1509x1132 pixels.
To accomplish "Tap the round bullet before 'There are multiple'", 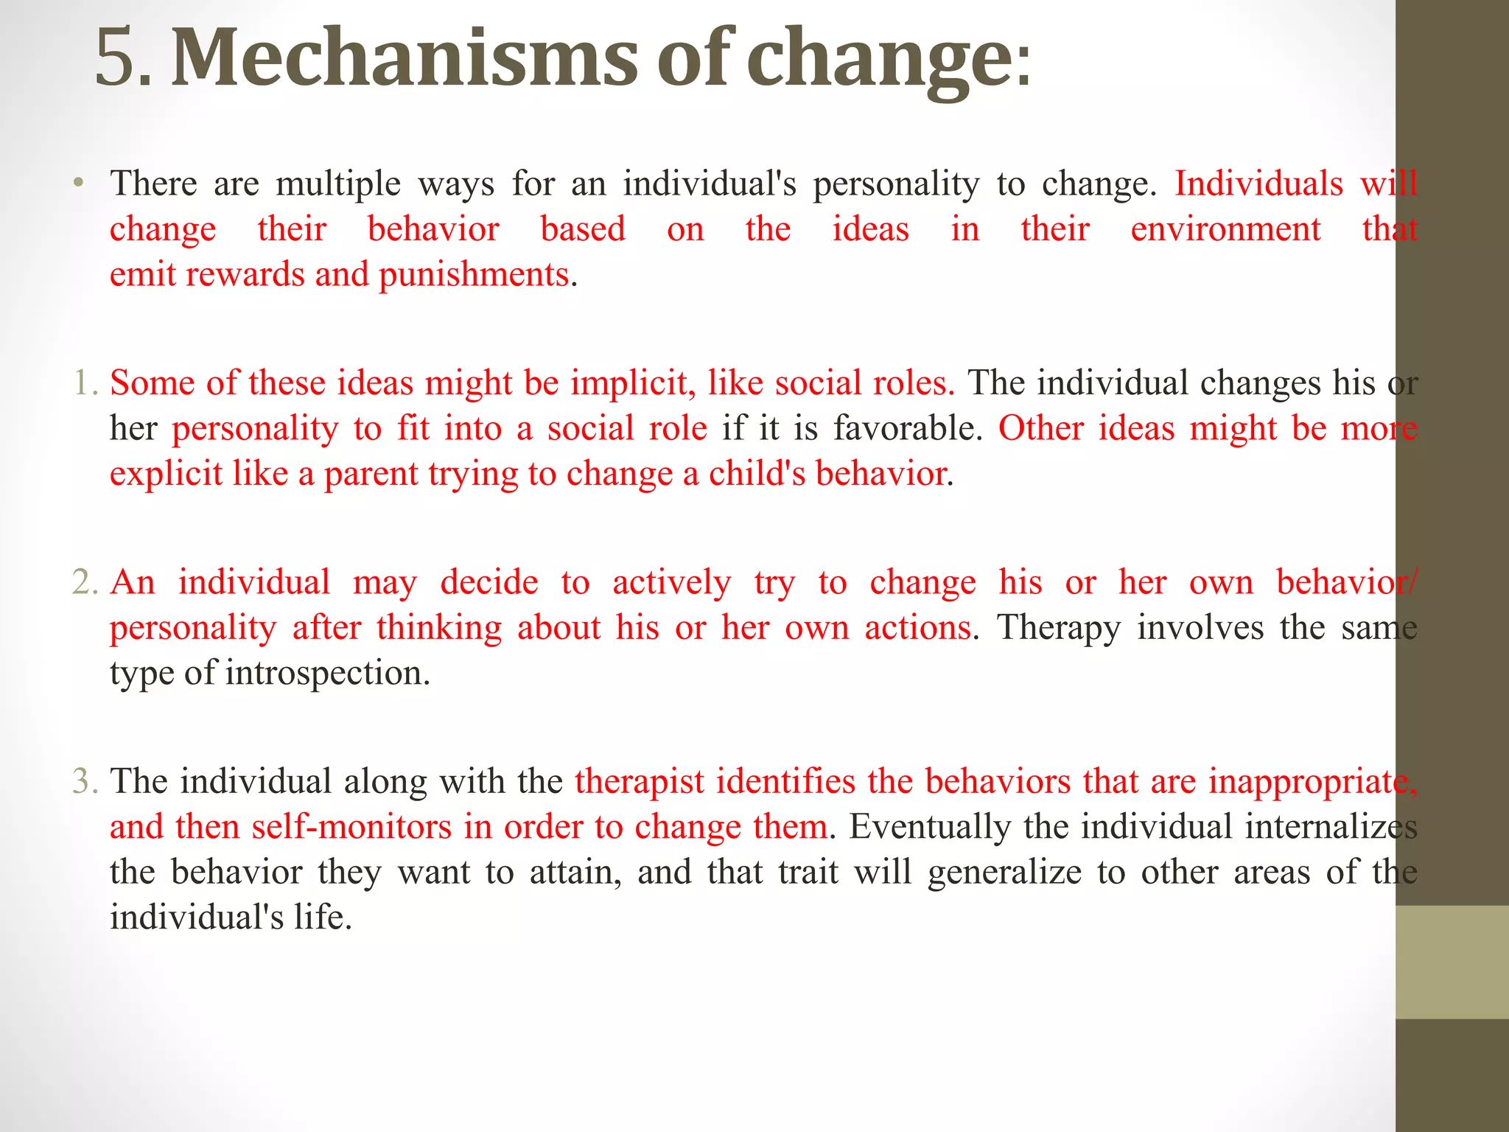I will (x=78, y=182).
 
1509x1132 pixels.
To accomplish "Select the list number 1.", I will (x=84, y=383).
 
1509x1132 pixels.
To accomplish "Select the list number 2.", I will (x=84, y=582).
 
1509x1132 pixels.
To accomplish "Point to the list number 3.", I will (x=84, y=781).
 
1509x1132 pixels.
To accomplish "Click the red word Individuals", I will (x=1258, y=183).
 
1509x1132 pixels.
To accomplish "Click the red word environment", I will (x=1225, y=228).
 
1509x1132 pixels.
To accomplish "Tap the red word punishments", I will (x=474, y=275).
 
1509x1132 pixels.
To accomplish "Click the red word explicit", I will (x=166, y=474).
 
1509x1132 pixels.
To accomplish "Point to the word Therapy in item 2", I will (x=1059, y=629).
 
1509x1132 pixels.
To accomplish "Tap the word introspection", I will (x=327, y=674).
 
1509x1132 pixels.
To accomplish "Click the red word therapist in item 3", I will (x=639, y=782).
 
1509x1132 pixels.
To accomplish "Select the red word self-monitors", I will (x=351, y=827).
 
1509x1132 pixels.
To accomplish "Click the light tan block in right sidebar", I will (x=1452, y=962).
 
